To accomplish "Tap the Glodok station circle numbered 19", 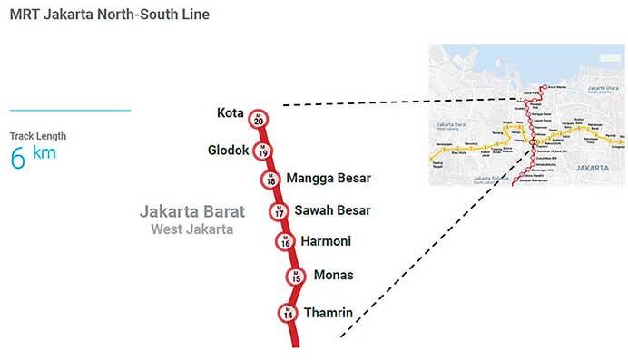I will [263, 151].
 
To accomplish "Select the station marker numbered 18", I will [270, 179].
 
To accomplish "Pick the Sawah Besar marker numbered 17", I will [279, 211].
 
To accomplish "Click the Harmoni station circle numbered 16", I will [285, 241].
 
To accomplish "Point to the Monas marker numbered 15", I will [294, 277].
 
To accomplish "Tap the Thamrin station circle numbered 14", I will [289, 313].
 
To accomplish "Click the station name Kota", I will [231, 113].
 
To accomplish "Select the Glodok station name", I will [228, 150].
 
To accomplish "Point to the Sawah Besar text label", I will [332, 210].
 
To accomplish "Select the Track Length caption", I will [38, 136].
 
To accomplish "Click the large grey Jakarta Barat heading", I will [191, 211].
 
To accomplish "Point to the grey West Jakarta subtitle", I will [192, 229].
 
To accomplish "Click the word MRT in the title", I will [25, 15].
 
